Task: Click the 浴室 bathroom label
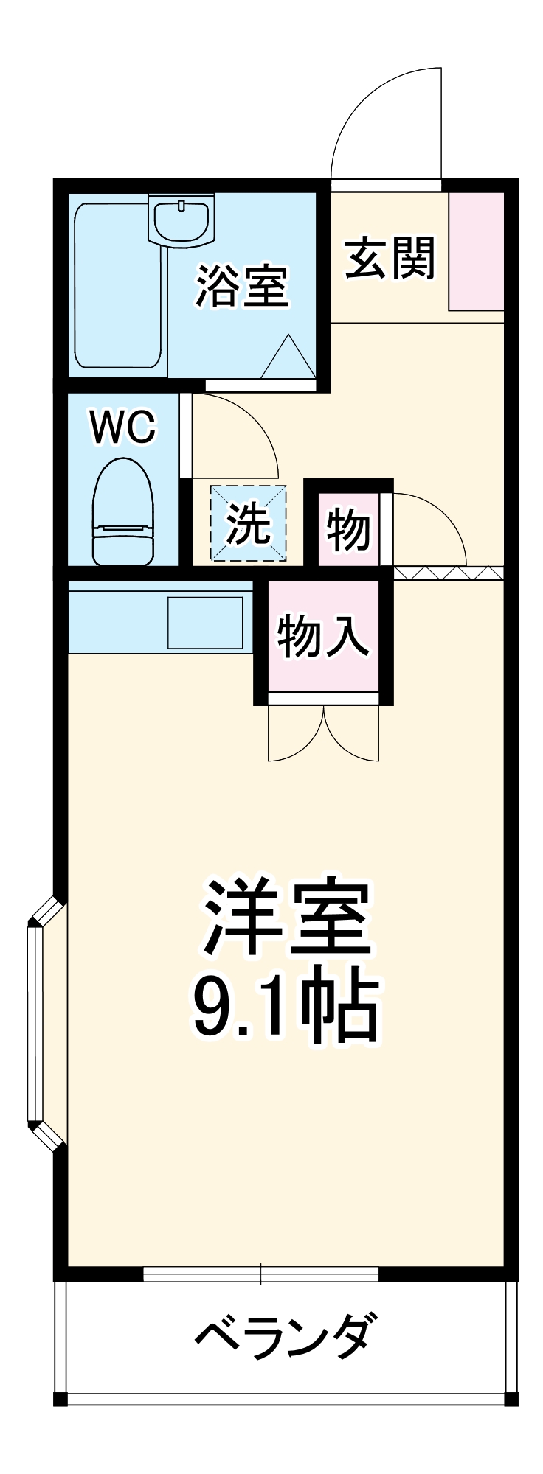pyautogui.click(x=241, y=287)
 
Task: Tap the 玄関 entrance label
pyautogui.click(x=390, y=258)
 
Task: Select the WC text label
pyautogui.click(x=123, y=427)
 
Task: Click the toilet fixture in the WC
pyautogui.click(x=123, y=512)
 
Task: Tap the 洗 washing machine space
pyautogui.click(x=248, y=523)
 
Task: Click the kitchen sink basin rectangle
pyautogui.click(x=205, y=623)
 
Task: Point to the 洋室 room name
pyautogui.click(x=286, y=918)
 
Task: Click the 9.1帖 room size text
pyautogui.click(x=286, y=1006)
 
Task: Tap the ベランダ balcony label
pyautogui.click(x=284, y=1335)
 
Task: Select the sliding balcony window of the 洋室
pyautogui.click(x=260, y=1274)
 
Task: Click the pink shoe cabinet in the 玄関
pyautogui.click(x=477, y=251)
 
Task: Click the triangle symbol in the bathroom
pyautogui.click(x=288, y=357)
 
